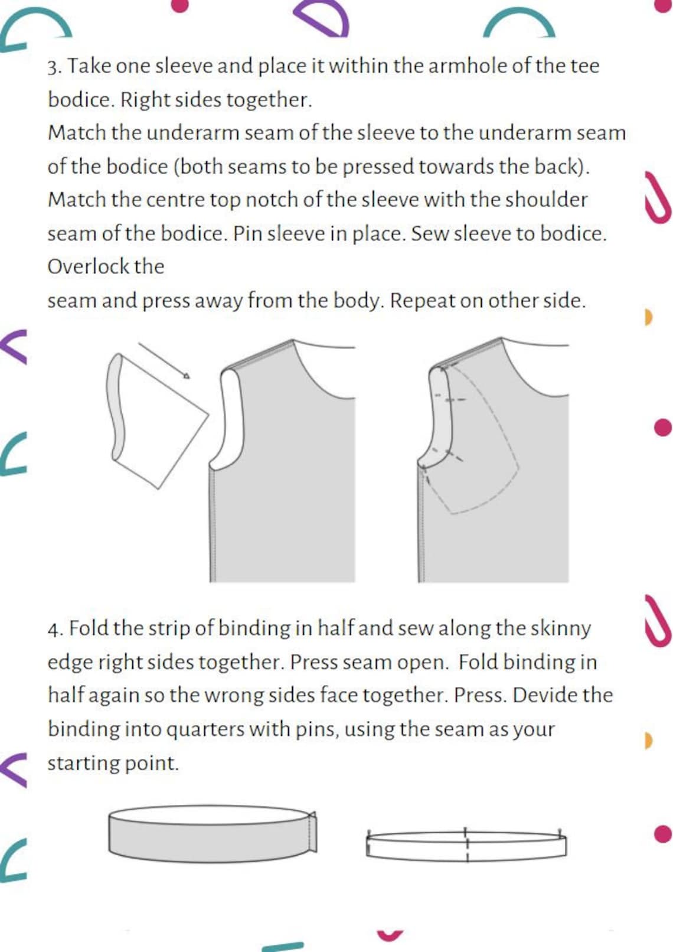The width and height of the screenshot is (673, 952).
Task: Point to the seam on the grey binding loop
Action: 312,832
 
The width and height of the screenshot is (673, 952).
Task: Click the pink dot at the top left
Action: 180,5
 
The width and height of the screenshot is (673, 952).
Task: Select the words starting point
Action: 113,763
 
